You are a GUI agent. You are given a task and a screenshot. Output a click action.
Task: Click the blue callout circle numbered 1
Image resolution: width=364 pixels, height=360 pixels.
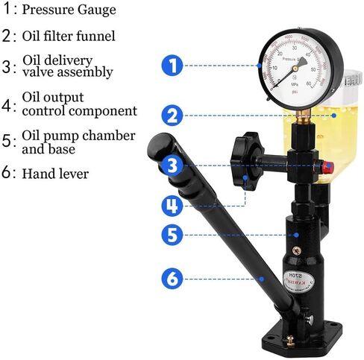tap(172, 65)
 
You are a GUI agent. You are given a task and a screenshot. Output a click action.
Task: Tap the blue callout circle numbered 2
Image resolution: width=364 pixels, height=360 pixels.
tap(172, 116)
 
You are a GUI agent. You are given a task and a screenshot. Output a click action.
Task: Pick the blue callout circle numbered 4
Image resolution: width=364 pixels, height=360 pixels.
tap(172, 205)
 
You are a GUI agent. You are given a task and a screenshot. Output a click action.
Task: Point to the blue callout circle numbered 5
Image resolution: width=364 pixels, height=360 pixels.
tap(172, 235)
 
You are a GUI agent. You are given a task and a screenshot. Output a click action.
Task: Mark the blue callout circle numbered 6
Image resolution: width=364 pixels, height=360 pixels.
tap(172, 280)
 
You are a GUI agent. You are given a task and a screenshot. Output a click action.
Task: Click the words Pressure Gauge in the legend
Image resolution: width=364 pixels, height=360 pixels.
tap(69, 10)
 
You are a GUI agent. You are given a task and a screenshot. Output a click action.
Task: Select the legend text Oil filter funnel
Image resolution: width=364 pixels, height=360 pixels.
tap(69, 36)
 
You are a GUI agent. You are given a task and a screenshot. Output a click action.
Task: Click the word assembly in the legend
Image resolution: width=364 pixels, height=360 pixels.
tap(87, 72)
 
